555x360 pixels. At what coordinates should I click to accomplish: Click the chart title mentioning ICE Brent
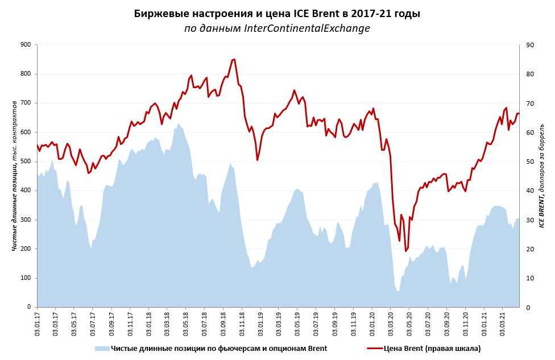click(x=277, y=14)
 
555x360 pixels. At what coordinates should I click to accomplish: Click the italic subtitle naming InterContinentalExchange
click(x=277, y=28)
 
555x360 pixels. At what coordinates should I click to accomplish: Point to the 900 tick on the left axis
click(x=25, y=44)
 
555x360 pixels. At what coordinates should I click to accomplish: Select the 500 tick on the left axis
click(x=25, y=162)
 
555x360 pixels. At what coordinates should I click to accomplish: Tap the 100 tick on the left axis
click(x=25, y=278)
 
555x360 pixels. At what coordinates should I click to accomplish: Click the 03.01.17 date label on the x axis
click(x=38, y=322)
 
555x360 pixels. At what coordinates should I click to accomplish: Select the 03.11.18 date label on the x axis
click(x=242, y=322)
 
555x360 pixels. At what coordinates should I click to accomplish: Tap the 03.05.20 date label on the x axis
click(x=409, y=322)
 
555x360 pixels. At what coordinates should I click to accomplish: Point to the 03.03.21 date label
click(x=503, y=322)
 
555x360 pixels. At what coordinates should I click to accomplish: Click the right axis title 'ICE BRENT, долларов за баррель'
click(x=541, y=175)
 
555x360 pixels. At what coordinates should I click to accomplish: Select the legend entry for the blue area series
click(x=210, y=348)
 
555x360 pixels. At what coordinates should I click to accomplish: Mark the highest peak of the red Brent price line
click(x=234, y=59)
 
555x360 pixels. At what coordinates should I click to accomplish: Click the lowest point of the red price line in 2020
click(x=406, y=251)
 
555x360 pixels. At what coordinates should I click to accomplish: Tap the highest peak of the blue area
click(x=179, y=123)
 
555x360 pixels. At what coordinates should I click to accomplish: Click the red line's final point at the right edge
click(x=519, y=113)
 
